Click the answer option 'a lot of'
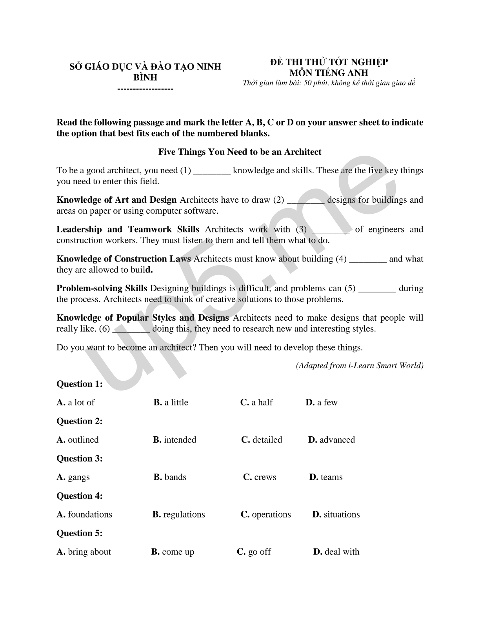point(76,403)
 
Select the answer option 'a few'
point(322,403)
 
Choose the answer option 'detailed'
point(262,440)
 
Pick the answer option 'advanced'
point(331,440)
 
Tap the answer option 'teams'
point(326,477)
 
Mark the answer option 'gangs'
point(73,477)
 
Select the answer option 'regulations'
point(179,514)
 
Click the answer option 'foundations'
point(84,514)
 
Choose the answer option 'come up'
point(173,552)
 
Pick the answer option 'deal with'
point(336,552)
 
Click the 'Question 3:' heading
point(80,459)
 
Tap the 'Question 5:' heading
point(80,533)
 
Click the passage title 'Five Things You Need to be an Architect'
point(240,152)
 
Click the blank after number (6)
point(131,329)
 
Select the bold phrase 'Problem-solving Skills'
point(102,289)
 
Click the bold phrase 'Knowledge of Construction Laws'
point(124,259)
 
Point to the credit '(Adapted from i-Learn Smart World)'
point(360,366)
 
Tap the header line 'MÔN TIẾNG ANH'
point(329,73)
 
